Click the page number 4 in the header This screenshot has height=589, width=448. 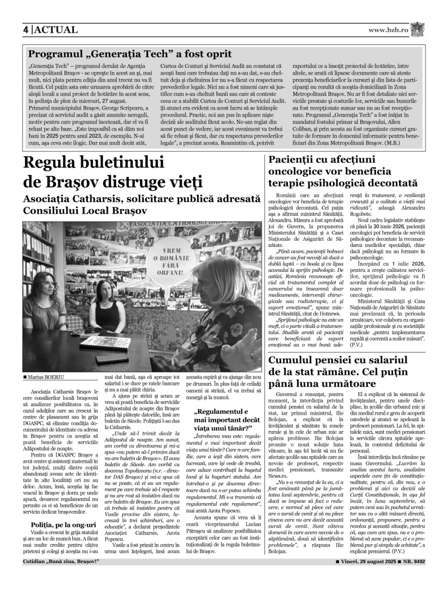point(26,30)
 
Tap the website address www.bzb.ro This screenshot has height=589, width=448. point(388,30)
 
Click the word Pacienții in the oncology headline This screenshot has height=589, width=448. point(293,161)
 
